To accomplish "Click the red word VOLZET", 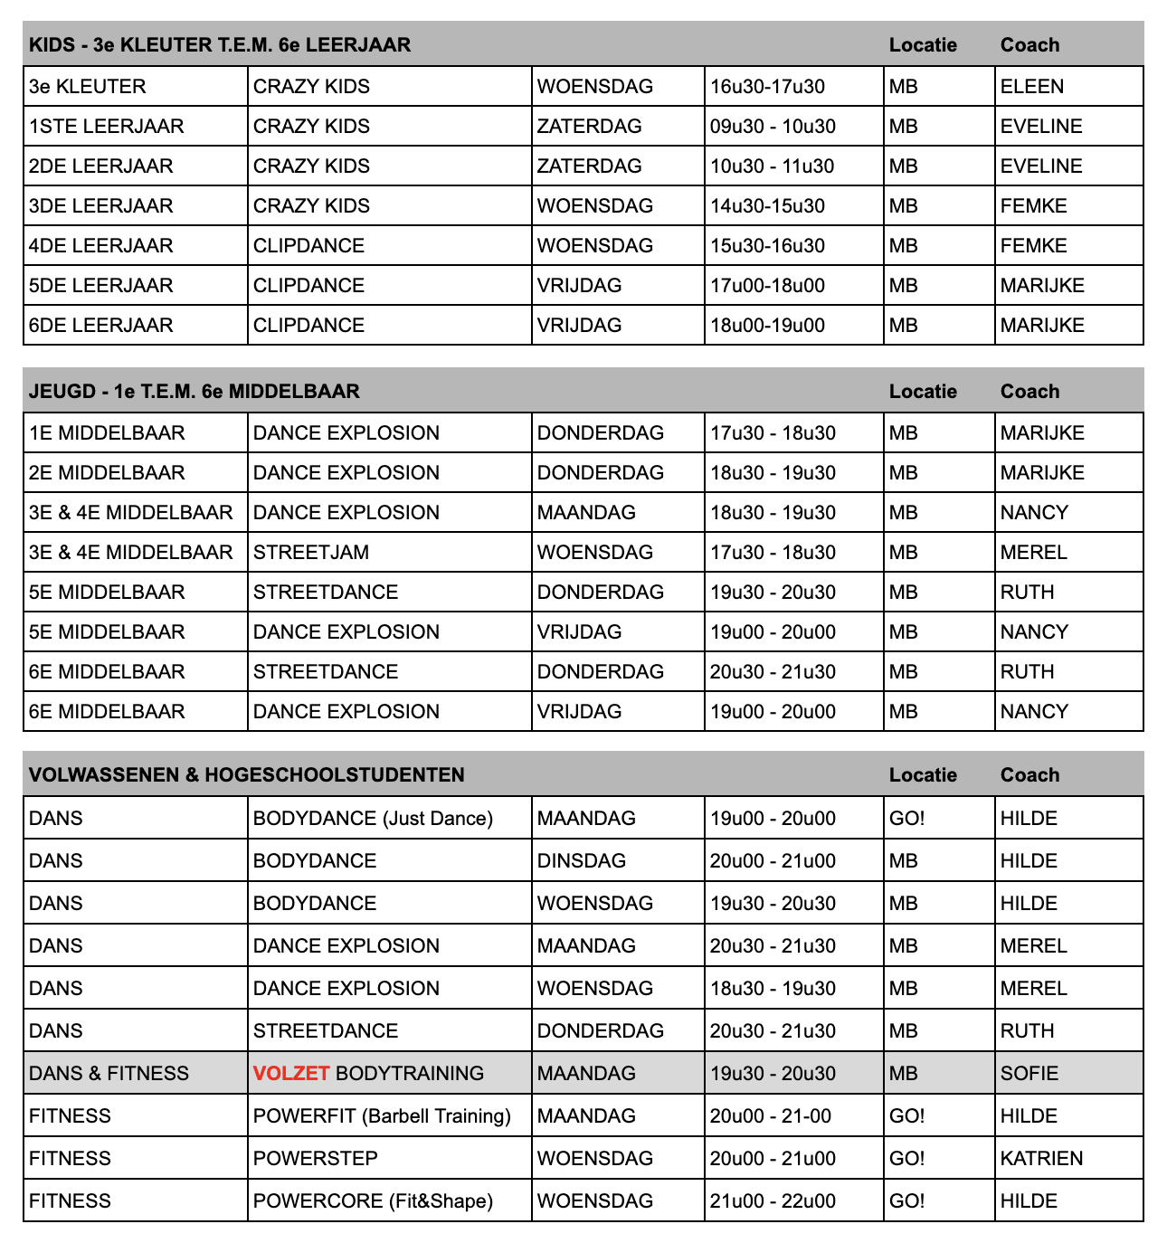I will click(x=291, y=1073).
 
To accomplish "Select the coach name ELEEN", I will click(x=1032, y=87).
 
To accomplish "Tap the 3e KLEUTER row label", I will click(x=87, y=87).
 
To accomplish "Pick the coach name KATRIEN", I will click(x=1041, y=1158).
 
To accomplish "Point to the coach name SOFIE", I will click(x=1029, y=1073).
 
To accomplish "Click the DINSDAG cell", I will click(x=581, y=860).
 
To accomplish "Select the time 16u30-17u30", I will click(x=767, y=87).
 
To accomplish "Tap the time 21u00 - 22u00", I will click(x=773, y=1200).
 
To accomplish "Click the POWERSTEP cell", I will click(x=316, y=1158).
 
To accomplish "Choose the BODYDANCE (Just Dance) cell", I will click(x=373, y=818).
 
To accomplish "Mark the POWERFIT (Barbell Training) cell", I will click(x=382, y=1115).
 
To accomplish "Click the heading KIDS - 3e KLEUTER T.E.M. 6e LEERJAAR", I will click(x=220, y=44).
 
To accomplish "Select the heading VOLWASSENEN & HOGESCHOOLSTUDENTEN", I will click(x=246, y=774).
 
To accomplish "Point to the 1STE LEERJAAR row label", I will click(x=106, y=127).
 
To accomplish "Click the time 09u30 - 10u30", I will click(x=773, y=127).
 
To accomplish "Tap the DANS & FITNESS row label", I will click(x=109, y=1073).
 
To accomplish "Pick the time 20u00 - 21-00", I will click(x=770, y=1115).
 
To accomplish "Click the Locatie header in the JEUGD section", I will click(x=923, y=391).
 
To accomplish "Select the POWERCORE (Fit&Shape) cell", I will click(x=373, y=1200).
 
